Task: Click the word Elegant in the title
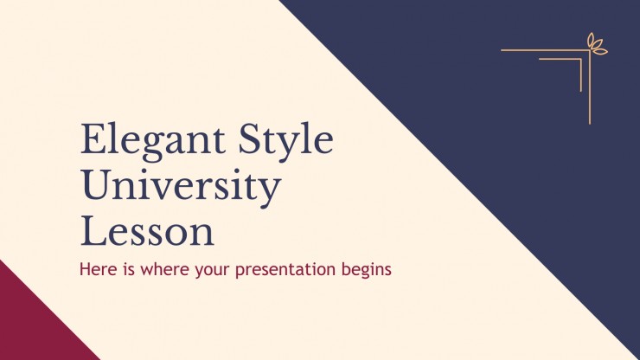click(153, 140)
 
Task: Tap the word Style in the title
click(286, 140)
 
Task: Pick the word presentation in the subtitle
click(285, 270)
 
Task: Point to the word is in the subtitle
click(129, 270)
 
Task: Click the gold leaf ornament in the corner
click(597, 44)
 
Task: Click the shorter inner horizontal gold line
click(560, 59)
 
